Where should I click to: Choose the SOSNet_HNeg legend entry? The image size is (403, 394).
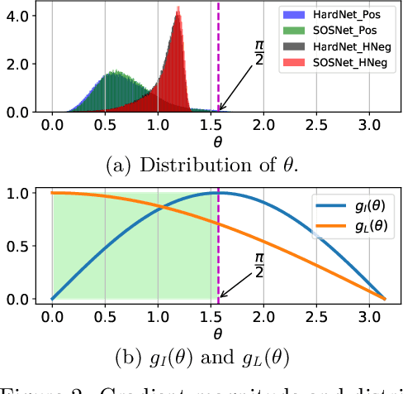[339, 65]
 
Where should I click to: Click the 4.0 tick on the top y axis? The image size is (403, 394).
[19, 16]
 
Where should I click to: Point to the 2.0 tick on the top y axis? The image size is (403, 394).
[19, 64]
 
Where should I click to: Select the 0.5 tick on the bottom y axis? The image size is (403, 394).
[19, 246]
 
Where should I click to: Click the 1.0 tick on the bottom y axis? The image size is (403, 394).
[19, 193]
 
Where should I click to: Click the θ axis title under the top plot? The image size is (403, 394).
[218, 141]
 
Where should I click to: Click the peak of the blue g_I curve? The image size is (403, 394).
[217, 193]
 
